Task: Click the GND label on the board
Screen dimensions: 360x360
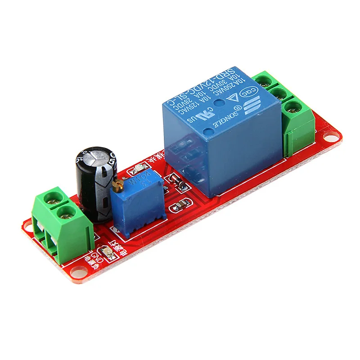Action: (x=95, y=256)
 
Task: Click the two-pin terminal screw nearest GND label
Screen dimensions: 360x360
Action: (x=67, y=212)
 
